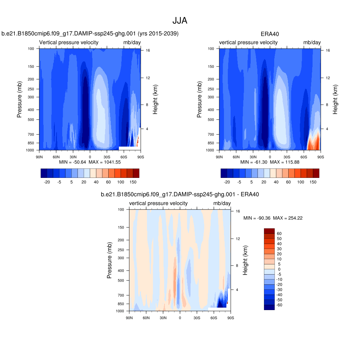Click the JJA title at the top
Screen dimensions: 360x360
(180, 21)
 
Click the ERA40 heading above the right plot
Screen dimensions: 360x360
(270, 34)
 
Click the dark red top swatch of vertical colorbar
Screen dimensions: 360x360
(269, 231)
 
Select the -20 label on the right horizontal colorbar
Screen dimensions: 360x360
(227, 182)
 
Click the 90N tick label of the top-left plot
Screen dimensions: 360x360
(39, 157)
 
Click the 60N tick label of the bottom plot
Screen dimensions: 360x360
(146, 318)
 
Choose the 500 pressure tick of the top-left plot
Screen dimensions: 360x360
(31, 120)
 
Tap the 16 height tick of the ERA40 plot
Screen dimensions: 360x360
(328, 51)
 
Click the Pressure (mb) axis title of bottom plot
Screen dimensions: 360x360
(109, 260)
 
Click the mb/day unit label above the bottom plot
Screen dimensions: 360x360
(222, 204)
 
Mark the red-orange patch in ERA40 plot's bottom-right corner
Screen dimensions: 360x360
(313, 142)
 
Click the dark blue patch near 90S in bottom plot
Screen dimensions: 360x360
(221, 302)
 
